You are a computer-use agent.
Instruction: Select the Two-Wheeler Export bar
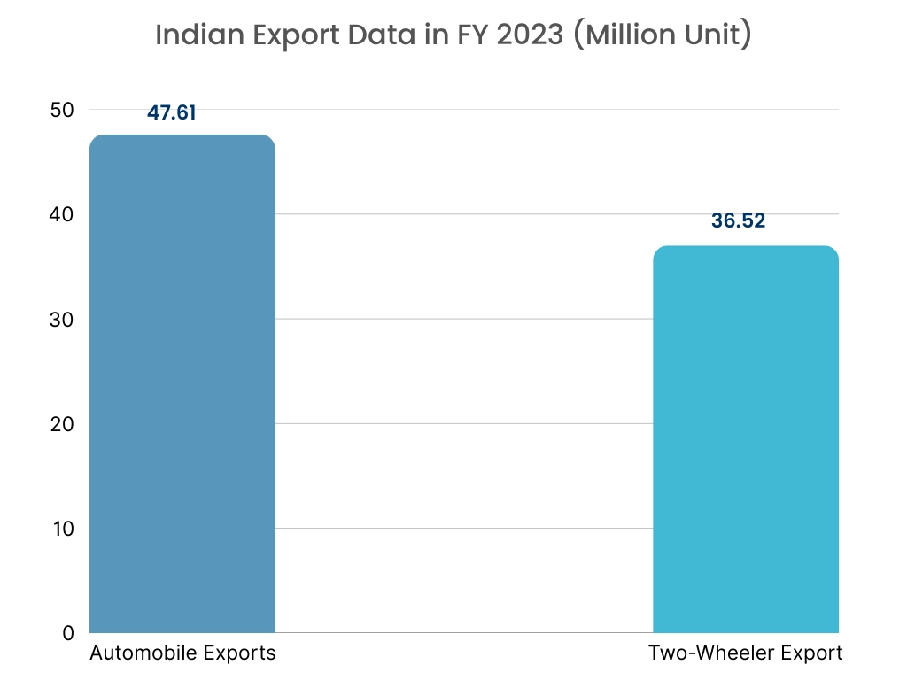pos(745,439)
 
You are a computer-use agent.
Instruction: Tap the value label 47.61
pos(172,113)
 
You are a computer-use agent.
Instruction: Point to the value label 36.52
pos(738,220)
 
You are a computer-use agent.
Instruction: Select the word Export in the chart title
pos(282,36)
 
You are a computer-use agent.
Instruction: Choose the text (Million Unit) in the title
pos(663,36)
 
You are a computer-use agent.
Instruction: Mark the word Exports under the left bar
pos(240,654)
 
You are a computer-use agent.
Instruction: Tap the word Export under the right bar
pos(807,654)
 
